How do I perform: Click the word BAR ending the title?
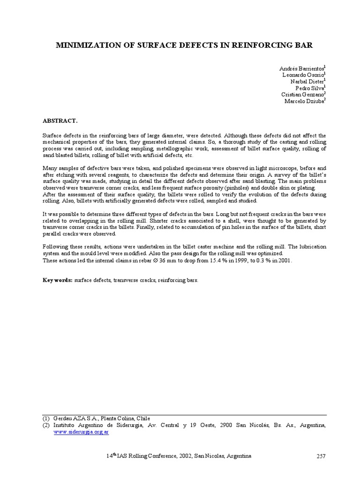[302, 45]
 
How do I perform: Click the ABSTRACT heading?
[60, 120]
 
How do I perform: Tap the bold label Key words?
[58, 280]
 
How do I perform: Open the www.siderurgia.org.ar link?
[81, 432]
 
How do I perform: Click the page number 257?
[321, 456]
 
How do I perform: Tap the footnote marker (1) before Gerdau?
[46, 418]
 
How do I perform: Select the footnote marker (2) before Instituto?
[46, 425]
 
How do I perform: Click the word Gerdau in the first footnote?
[63, 418]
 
